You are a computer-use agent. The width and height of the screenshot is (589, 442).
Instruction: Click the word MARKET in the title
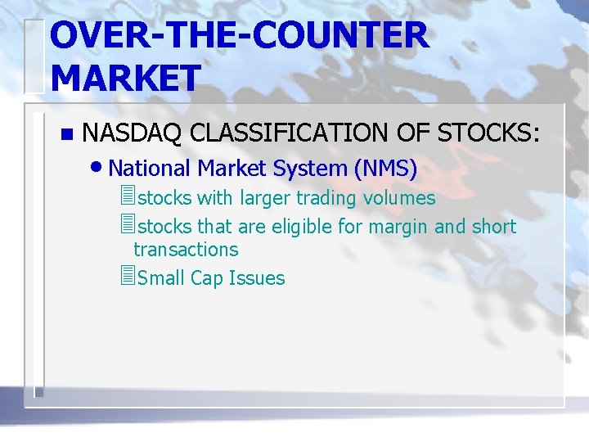click(x=124, y=78)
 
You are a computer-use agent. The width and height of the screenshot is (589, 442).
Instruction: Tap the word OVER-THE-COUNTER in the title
click(x=238, y=36)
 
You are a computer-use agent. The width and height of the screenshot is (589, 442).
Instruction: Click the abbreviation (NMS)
click(x=385, y=169)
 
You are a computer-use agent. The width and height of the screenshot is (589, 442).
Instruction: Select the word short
click(x=494, y=227)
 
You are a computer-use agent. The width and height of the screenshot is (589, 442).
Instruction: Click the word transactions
click(x=186, y=250)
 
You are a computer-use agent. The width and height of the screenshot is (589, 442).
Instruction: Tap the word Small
click(x=162, y=278)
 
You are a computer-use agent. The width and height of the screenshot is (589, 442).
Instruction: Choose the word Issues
click(x=257, y=278)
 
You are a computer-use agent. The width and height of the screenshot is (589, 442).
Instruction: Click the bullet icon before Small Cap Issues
click(x=125, y=277)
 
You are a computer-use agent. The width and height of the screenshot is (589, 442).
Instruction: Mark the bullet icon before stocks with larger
click(x=125, y=197)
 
